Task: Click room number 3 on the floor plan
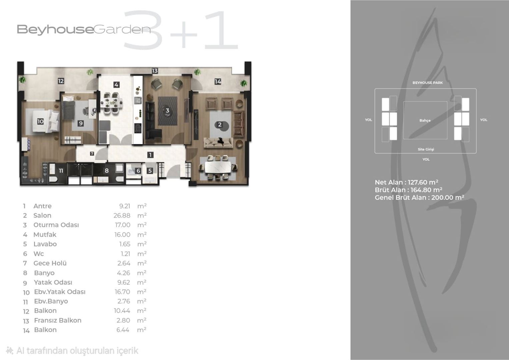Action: tap(167, 110)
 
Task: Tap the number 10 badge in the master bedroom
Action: tap(40, 121)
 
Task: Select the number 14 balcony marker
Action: tap(218, 81)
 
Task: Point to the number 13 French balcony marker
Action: tap(155, 71)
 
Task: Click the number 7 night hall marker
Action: tap(92, 154)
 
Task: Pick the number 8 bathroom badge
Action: tap(107, 170)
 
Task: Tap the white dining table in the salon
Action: tap(218, 167)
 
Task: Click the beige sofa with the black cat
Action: tap(218, 143)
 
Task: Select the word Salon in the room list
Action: tap(42, 215)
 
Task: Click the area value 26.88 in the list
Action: tap(122, 215)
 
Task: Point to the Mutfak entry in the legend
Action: tap(45, 234)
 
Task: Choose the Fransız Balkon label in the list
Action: tap(58, 320)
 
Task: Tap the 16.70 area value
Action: tap(122, 292)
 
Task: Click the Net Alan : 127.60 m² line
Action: tap(407, 182)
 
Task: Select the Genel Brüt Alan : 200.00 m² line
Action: tap(419, 197)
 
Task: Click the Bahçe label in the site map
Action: tap(425, 120)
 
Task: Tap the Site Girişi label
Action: tap(426, 149)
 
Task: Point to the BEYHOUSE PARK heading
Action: tap(428, 83)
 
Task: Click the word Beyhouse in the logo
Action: tap(55, 30)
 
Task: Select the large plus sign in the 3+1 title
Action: tap(184, 35)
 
